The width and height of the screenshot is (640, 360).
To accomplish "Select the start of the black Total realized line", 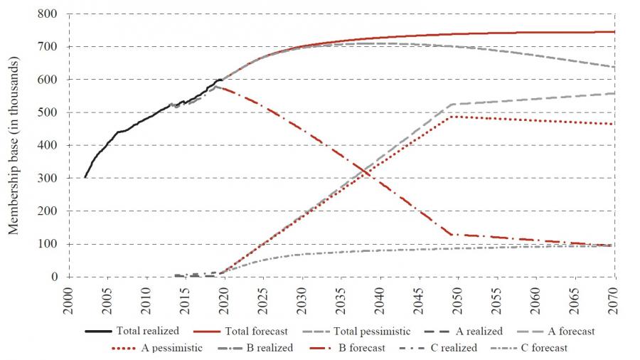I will click(85, 177).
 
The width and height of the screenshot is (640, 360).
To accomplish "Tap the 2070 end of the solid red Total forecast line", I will click(614, 32).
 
